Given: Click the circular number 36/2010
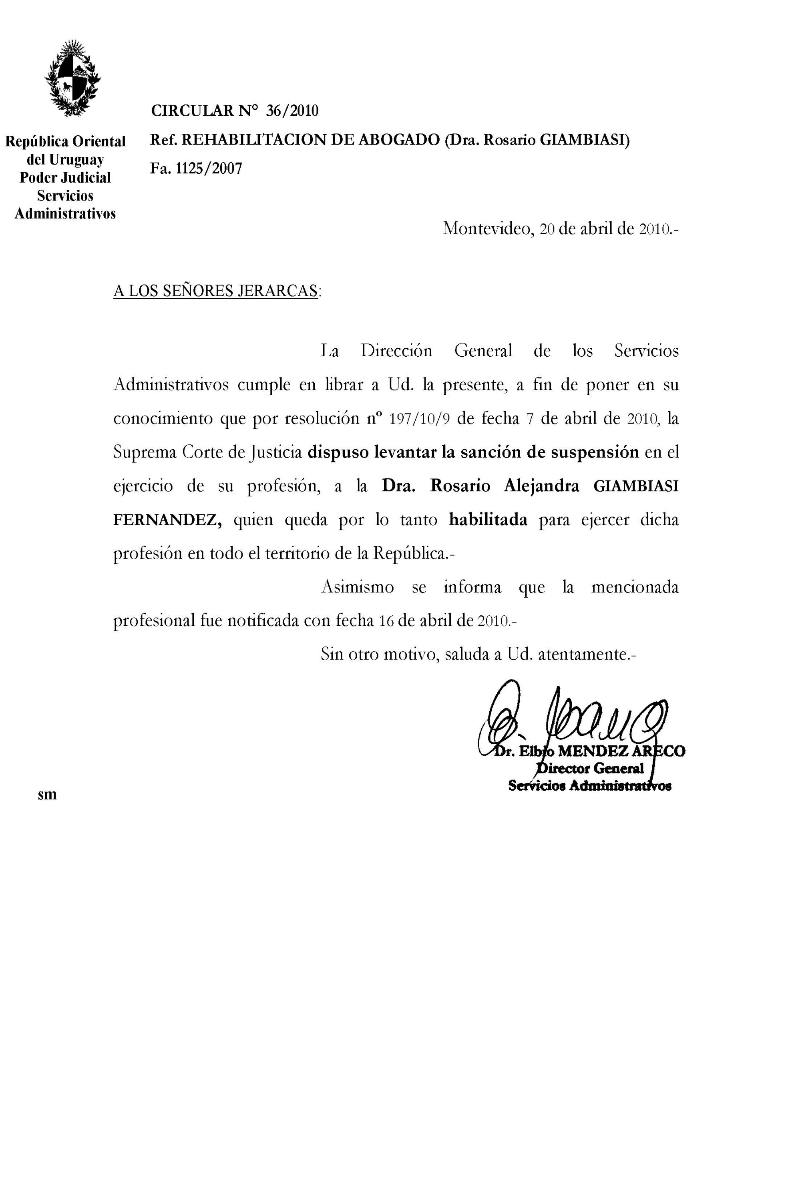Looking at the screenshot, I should [x=292, y=110].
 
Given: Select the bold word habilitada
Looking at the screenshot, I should [x=488, y=520].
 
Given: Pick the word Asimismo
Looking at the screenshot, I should [x=357, y=587].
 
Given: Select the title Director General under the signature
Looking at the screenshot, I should [x=589, y=769].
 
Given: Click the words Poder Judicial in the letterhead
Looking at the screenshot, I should [x=65, y=178].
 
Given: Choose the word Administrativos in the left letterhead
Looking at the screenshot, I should [x=65, y=214].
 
